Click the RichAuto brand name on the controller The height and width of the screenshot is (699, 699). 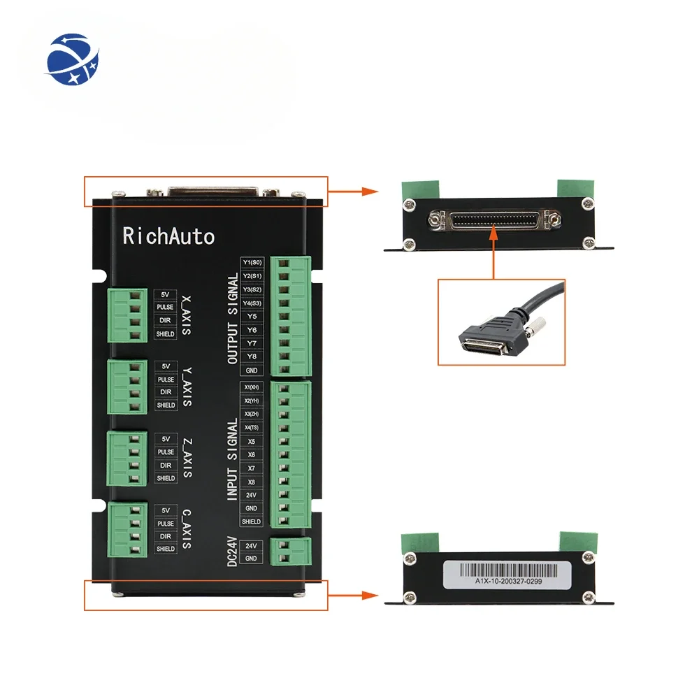point(168,236)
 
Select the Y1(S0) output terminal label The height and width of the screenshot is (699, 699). point(251,263)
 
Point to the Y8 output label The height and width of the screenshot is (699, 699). point(251,356)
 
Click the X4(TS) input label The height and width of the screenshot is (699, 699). point(251,427)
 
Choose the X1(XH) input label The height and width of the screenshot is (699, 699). point(251,387)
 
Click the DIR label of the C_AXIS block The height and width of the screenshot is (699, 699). point(166,536)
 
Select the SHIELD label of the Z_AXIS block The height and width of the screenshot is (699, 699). point(166,478)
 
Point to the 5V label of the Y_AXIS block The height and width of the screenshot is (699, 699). point(166,366)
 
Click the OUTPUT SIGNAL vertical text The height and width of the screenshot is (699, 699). point(233,318)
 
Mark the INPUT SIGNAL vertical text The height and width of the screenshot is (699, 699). point(233,458)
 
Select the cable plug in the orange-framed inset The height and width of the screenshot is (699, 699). point(489,331)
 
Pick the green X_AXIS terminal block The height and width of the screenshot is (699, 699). point(127,315)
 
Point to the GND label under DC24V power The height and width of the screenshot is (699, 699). point(251,559)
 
